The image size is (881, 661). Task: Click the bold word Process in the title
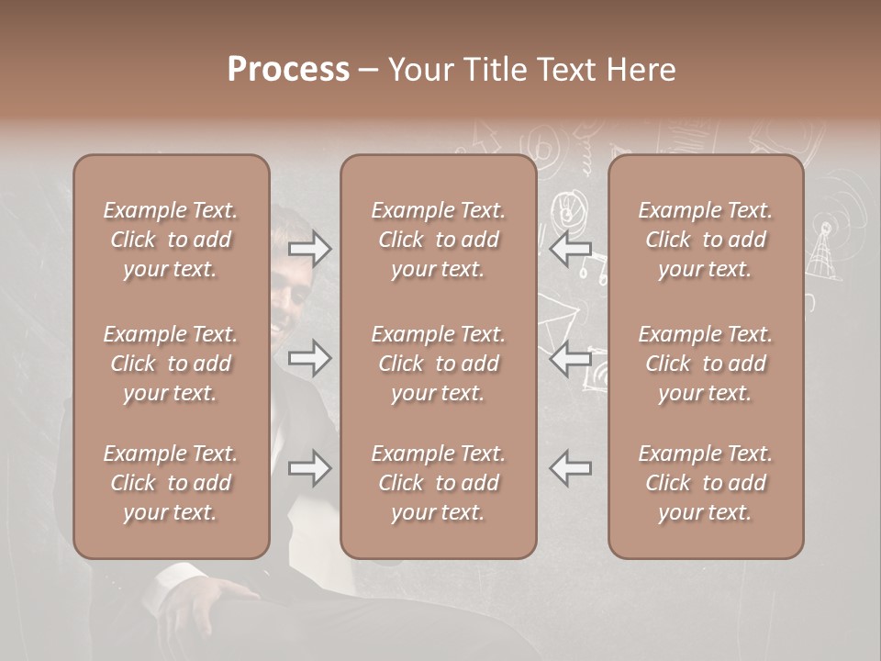pos(288,70)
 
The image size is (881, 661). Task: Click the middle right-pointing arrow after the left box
pos(309,359)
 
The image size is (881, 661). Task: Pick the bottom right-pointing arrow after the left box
pos(309,468)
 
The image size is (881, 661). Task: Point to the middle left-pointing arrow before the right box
pos(570,359)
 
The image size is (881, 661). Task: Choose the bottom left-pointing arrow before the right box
pos(570,468)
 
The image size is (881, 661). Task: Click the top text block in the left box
pos(171,240)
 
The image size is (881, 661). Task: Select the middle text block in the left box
pos(171,364)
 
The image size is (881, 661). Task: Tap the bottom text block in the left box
pos(171,483)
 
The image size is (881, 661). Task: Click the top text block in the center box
pos(438,240)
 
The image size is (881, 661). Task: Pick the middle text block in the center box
pos(438,364)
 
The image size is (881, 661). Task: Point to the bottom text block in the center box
pos(438,483)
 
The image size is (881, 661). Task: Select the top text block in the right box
pos(705,240)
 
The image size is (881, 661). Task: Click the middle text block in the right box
pos(705,364)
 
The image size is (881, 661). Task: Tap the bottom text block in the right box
pos(705,483)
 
